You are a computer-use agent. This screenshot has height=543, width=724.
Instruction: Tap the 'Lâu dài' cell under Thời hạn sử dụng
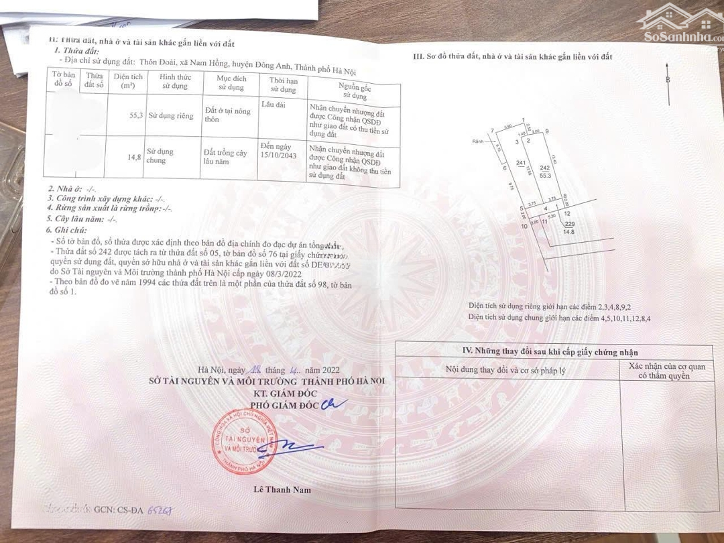click(x=272, y=105)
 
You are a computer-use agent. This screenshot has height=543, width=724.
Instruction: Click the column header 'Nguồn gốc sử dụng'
click(x=352, y=93)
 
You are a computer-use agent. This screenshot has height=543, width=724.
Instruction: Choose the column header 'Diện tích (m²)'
click(x=128, y=81)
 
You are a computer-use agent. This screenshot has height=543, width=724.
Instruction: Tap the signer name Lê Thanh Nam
click(x=282, y=489)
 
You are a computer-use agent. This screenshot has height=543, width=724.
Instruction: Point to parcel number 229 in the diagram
click(x=570, y=225)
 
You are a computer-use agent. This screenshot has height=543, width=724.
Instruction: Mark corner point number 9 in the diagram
click(x=548, y=131)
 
